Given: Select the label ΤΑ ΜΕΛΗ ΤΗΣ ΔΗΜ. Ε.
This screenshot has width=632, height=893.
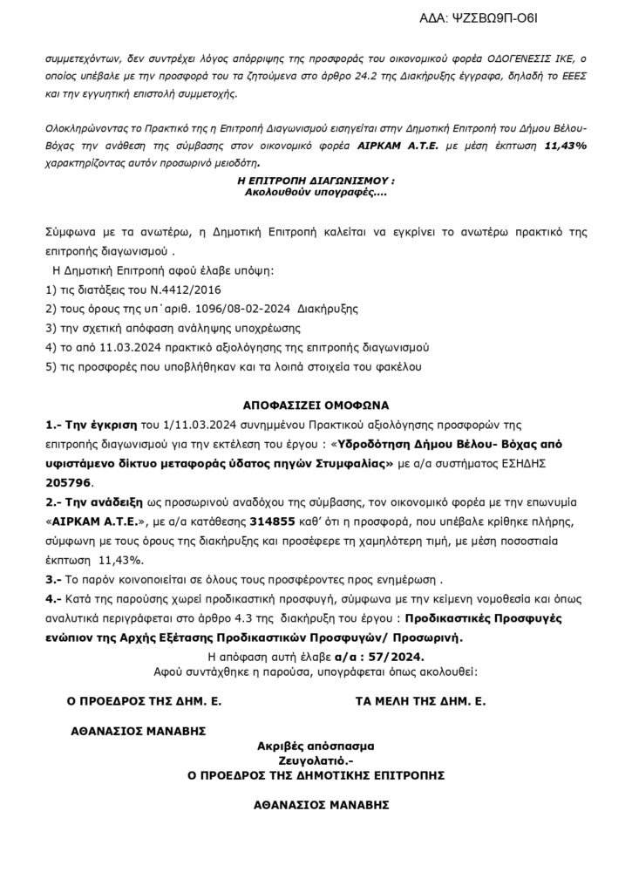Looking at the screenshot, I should pyautogui.click(x=421, y=700).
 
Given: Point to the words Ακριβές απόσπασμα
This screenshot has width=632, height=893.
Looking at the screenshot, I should pyautogui.click(x=316, y=746).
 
